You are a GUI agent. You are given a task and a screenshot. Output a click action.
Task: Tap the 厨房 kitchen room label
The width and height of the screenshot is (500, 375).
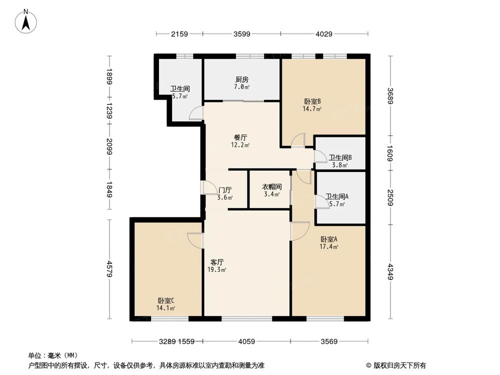tap(242, 83)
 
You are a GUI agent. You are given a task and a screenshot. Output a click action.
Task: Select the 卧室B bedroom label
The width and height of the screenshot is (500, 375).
tap(312, 104)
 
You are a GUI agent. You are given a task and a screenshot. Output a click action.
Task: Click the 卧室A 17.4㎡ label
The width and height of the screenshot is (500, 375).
tap(329, 242)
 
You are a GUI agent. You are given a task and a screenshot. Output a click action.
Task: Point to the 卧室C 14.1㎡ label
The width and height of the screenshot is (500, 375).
tap(166, 304)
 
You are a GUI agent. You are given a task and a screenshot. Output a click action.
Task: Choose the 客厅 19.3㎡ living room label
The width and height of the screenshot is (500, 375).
tap(216, 265)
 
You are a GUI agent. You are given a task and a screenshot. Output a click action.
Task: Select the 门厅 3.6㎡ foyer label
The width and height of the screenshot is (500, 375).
tap(225, 193)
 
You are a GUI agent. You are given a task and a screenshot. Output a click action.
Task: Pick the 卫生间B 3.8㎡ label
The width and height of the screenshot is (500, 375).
tap(338, 161)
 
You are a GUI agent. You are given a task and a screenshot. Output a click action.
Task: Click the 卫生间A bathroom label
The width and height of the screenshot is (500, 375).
tap(335, 200)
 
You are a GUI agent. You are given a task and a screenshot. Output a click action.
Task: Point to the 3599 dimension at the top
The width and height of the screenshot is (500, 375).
tap(242, 34)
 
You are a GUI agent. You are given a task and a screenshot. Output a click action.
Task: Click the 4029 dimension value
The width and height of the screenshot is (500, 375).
tap(324, 34)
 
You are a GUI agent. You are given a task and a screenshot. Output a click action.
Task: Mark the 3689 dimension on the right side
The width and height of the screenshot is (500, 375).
tap(390, 95)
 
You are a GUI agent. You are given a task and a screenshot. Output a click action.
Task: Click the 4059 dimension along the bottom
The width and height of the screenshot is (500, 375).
tap(246, 341)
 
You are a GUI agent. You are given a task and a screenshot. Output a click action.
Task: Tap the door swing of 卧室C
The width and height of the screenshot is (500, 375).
tap(195, 240)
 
